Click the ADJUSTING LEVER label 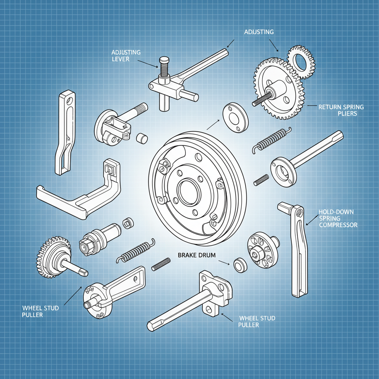[x=126, y=56]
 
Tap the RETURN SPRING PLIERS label [x=341, y=110]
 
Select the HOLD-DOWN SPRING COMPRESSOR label [x=338, y=218]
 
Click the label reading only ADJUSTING [x=259, y=32]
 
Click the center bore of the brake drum [x=189, y=190]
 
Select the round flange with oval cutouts [x=262, y=250]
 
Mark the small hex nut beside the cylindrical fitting [x=128, y=224]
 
